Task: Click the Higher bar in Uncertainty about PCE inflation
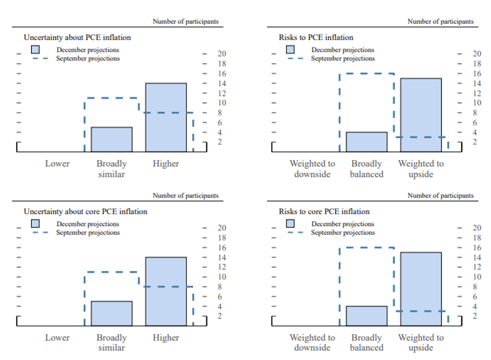pyautogui.click(x=166, y=117)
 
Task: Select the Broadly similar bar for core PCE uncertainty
pyautogui.click(x=111, y=313)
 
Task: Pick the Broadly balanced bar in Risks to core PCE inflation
pyautogui.click(x=367, y=316)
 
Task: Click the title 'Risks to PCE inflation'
pyautogui.click(x=316, y=37)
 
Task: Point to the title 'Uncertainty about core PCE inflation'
pyautogui.click(x=85, y=211)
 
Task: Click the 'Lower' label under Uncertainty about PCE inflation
pyautogui.click(x=57, y=164)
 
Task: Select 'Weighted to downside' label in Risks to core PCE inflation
pyautogui.click(x=312, y=342)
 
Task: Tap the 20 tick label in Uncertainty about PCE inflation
pyautogui.click(x=222, y=54)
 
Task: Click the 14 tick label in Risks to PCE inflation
pyautogui.click(x=477, y=83)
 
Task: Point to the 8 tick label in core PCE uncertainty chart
pyautogui.click(x=220, y=287)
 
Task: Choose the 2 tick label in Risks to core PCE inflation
pyautogui.click(x=475, y=316)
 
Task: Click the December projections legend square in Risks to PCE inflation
pyautogui.click(x=291, y=49)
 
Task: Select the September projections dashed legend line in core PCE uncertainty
pyautogui.click(x=40, y=233)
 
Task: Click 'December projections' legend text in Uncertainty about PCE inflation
pyautogui.click(x=88, y=50)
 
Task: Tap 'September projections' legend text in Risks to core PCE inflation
pyautogui.click(x=343, y=233)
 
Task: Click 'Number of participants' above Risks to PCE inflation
pyautogui.click(x=440, y=21)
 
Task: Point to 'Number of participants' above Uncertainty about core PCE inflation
pyautogui.click(x=186, y=195)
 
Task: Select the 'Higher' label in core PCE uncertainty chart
pyautogui.click(x=166, y=338)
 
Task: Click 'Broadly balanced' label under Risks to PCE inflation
pyautogui.click(x=367, y=169)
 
